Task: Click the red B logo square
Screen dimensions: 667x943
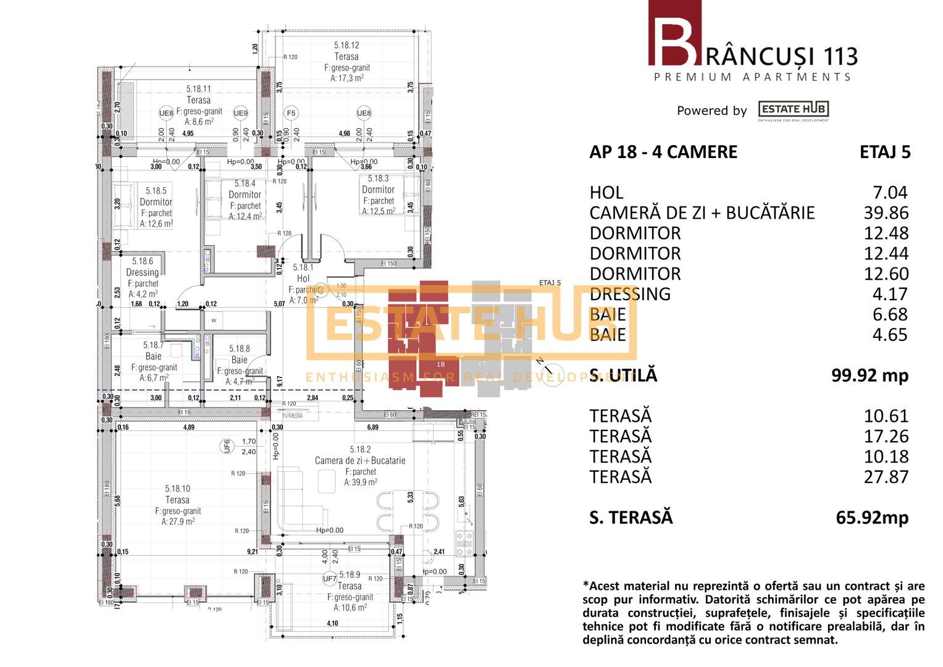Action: (674, 33)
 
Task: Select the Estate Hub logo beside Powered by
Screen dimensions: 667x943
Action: (794, 110)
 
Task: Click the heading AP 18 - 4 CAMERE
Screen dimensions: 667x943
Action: (663, 152)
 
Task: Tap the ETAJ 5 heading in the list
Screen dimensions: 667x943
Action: (885, 152)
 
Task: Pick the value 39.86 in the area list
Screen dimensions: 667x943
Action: (886, 213)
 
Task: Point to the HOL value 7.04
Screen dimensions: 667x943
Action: (890, 193)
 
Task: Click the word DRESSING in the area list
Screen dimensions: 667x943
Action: (630, 294)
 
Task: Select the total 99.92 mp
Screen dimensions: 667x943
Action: (870, 375)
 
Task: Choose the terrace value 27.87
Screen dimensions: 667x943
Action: (886, 477)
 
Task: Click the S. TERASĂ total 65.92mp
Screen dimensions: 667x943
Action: (872, 518)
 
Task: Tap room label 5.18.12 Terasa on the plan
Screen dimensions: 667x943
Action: (346, 56)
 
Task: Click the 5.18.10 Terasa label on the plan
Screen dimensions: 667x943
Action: (177, 500)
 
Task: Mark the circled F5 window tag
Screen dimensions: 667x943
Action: (291, 113)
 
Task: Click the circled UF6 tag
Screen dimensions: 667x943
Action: (227, 446)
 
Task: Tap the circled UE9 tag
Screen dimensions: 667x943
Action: (240, 113)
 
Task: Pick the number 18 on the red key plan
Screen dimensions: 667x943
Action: (440, 364)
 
